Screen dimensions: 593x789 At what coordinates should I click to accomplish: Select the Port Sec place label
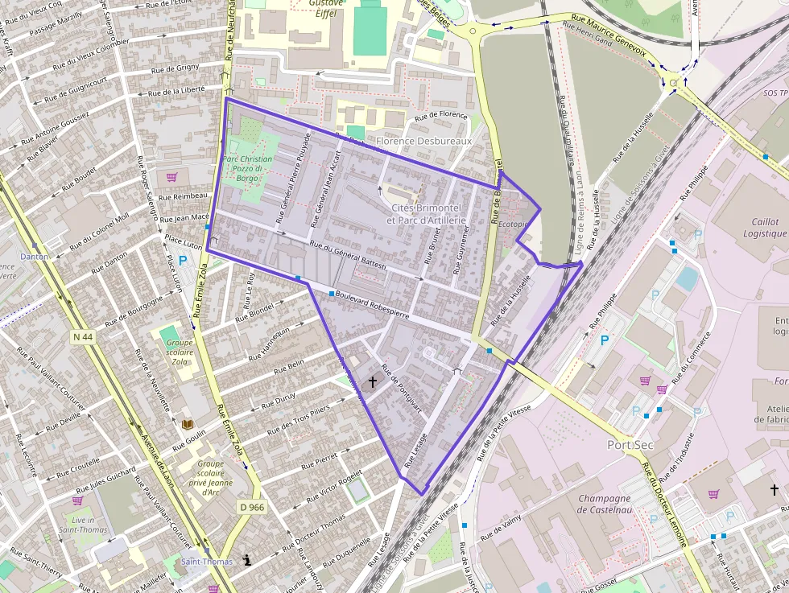coord(630,445)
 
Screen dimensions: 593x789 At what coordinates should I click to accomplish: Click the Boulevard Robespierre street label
coord(372,305)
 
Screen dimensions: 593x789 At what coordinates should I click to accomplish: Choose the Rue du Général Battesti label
coord(348,255)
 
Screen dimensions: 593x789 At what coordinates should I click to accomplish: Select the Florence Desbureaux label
coord(423,141)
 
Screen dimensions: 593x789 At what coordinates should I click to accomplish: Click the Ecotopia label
coord(512,224)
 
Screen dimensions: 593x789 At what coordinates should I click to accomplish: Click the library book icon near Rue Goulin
coord(188,424)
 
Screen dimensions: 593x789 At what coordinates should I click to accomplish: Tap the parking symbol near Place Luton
coord(183,261)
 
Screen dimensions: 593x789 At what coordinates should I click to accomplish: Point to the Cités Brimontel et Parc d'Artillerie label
coord(427,214)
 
